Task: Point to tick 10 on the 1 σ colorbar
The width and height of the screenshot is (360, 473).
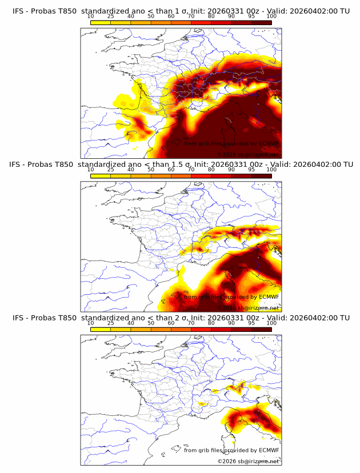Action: click(91, 17)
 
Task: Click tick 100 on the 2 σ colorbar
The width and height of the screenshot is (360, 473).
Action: click(272, 323)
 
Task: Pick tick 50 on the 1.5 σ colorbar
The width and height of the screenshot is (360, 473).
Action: click(151, 170)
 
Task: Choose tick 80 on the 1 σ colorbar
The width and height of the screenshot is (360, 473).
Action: click(211, 17)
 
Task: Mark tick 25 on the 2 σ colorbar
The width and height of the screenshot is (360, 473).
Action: click(111, 323)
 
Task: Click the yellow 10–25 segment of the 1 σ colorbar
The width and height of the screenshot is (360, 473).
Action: click(101, 22)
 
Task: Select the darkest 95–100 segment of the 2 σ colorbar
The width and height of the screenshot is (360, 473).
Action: click(262, 328)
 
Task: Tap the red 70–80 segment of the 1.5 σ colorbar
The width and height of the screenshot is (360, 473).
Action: click(201, 175)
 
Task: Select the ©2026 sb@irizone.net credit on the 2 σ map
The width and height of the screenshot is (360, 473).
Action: click(248, 461)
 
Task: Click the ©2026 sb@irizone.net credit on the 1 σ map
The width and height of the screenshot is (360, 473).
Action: click(248, 154)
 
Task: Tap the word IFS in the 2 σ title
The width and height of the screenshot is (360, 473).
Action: click(18, 318)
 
